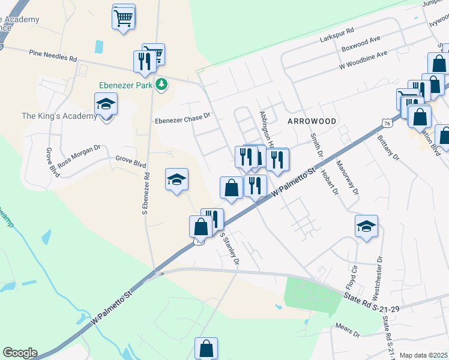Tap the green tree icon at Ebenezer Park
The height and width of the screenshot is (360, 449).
coord(161,85)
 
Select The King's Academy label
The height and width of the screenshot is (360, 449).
coord(59,116)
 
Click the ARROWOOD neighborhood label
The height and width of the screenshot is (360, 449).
coord(312,121)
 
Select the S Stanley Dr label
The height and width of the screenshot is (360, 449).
coord(230,249)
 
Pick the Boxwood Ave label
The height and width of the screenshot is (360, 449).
coord(361,43)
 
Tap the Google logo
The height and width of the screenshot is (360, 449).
coord(20,353)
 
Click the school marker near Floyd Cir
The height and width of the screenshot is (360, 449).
coord(366,227)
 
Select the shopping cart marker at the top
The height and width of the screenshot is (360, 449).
coord(123,17)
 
